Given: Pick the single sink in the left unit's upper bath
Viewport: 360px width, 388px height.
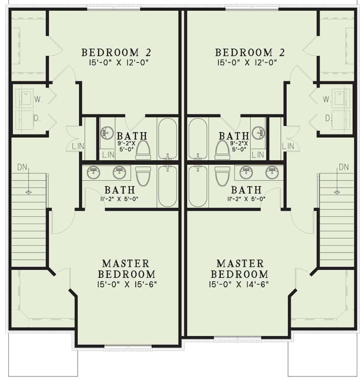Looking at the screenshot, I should [x=106, y=132].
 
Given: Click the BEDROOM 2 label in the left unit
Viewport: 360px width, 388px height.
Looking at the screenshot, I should [x=116, y=52].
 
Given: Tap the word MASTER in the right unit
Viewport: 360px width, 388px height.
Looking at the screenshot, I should [x=240, y=263].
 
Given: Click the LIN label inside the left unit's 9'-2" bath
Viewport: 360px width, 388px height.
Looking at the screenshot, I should [x=108, y=155].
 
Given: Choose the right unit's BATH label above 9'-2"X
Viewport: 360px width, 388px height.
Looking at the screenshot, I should [x=234, y=135].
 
